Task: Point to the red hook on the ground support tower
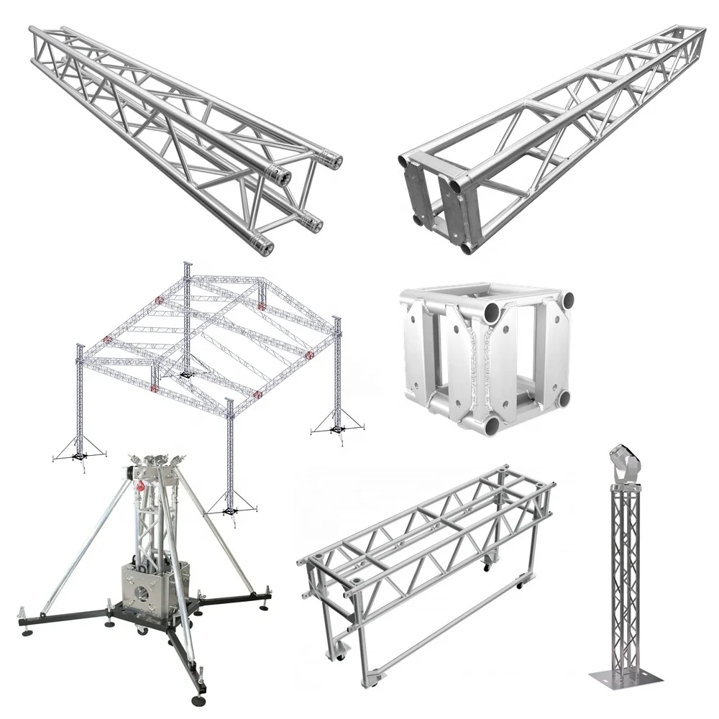point(142,487)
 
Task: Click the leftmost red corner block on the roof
point(109,340)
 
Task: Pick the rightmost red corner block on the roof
point(310,354)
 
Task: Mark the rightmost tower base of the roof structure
point(336,431)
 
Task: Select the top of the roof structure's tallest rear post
point(188,265)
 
